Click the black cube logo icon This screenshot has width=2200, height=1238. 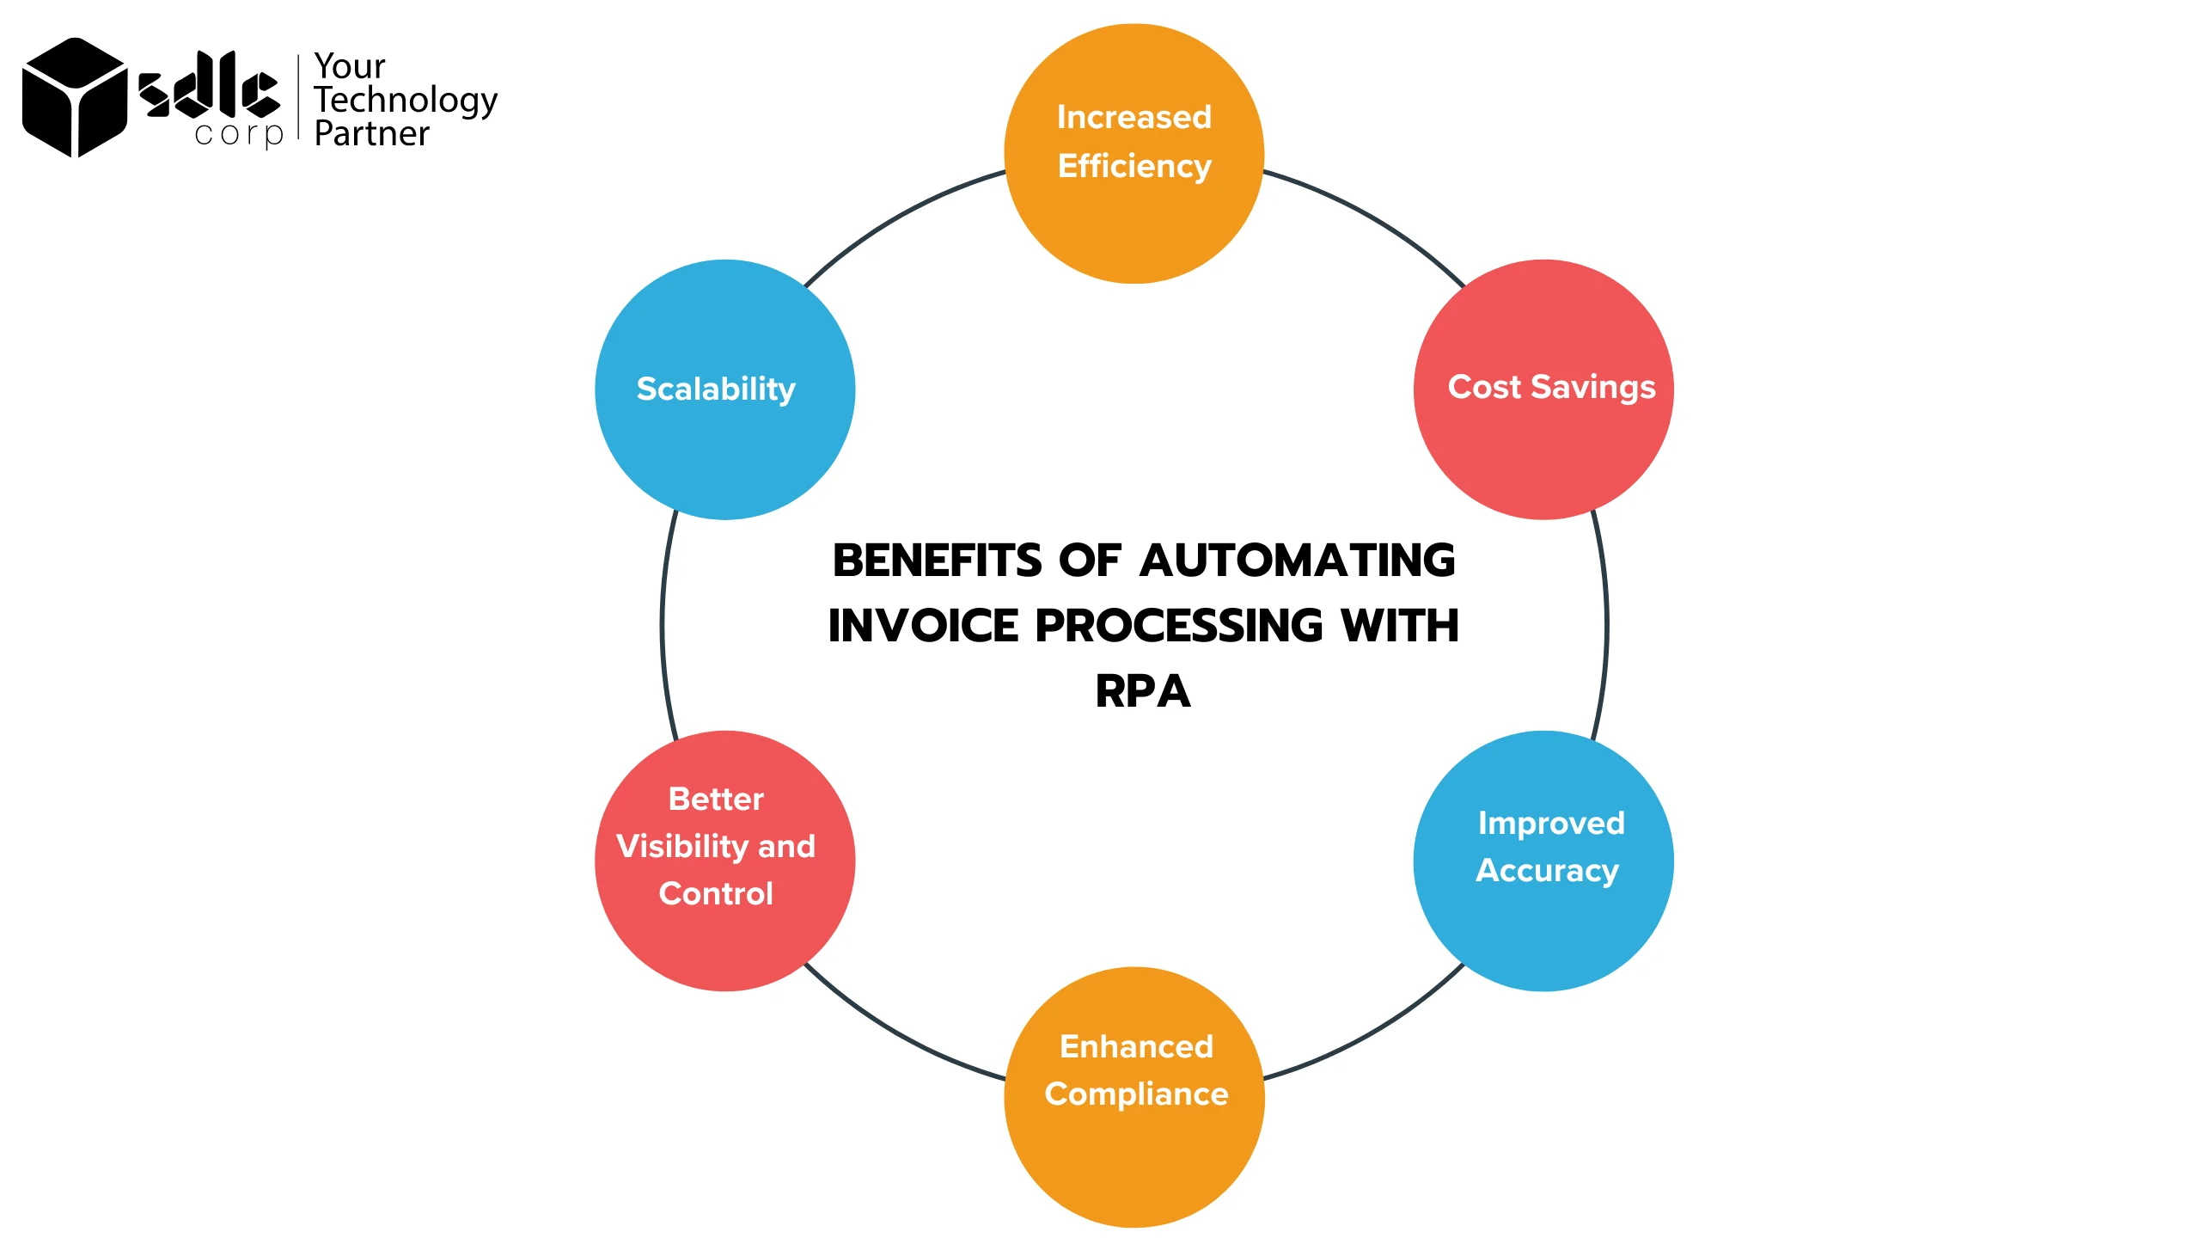coord(74,97)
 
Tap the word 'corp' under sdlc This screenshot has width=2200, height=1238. coord(238,135)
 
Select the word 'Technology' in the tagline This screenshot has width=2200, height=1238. coord(406,101)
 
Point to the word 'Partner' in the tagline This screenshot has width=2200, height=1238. coord(371,134)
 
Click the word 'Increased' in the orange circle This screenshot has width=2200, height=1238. coord(1134,117)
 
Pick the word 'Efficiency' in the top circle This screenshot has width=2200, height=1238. coord(1134,166)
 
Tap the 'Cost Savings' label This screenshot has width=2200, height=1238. coord(1551,387)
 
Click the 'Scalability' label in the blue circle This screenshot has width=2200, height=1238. coord(716,389)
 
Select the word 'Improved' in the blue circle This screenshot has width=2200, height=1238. coord(1551,823)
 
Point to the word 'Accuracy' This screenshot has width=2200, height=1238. coord(1547,870)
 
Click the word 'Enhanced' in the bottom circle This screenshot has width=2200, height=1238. coord(1136,1046)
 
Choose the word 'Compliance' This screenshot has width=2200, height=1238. coord(1136,1094)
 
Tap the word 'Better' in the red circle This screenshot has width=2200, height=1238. coord(716,799)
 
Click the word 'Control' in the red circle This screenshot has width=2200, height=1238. coord(716,893)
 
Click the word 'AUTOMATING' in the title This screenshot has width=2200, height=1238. coord(1298,561)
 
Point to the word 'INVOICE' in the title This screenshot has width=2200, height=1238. coord(923,625)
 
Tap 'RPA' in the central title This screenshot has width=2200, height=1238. coord(1143,691)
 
